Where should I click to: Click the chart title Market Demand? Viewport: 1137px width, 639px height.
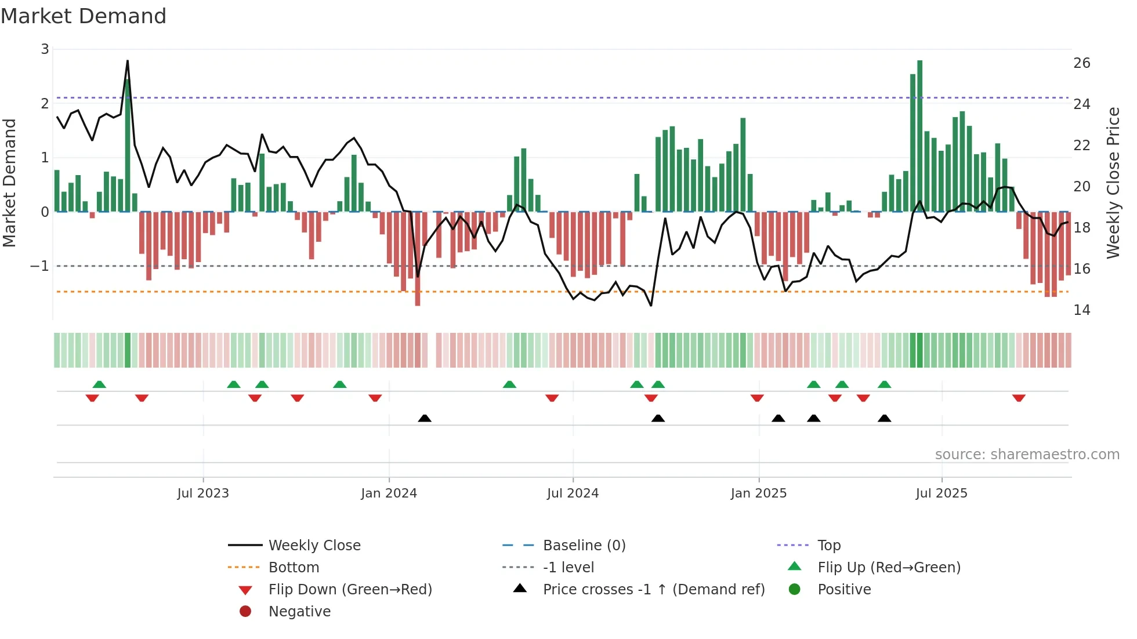coord(84,16)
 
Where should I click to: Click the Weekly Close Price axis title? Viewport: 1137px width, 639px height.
coord(1113,183)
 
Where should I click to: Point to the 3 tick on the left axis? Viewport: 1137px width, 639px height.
coord(45,49)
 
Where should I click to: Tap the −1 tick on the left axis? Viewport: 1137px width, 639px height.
coord(39,266)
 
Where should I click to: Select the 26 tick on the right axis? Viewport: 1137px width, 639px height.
coord(1081,63)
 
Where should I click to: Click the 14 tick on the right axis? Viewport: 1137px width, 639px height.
coord(1081,310)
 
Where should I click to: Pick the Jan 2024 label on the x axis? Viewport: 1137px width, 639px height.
coord(389,493)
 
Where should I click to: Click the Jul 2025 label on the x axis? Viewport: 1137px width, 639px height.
coord(942,493)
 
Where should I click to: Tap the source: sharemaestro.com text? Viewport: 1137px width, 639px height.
coord(1027,455)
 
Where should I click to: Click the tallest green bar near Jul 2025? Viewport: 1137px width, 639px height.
coord(920,136)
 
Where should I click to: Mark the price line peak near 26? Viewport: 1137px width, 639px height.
coord(128,61)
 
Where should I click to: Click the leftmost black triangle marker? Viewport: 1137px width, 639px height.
coord(425,418)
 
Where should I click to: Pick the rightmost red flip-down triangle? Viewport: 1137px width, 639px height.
coord(1019,398)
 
